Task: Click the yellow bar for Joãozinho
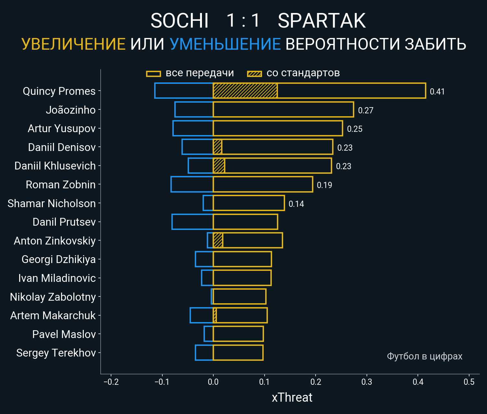pyautogui.click(x=283, y=109)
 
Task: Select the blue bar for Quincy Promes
pyautogui.click(x=184, y=91)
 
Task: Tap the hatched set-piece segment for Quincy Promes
pyautogui.click(x=245, y=91)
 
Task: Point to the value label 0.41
pyautogui.click(x=437, y=92)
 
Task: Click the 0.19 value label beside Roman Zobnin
pyautogui.click(x=324, y=185)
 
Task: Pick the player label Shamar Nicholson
pyautogui.click(x=52, y=204)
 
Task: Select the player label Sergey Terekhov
pyautogui.click(x=56, y=353)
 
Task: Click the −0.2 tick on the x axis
pyautogui.click(x=111, y=382)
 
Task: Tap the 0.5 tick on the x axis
pyautogui.click(x=469, y=382)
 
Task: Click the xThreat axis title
pyautogui.click(x=292, y=397)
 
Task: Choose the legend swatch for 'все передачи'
pyautogui.click(x=154, y=74)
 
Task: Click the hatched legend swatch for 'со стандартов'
pyautogui.click(x=255, y=74)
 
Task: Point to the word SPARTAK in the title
pyautogui.click(x=321, y=21)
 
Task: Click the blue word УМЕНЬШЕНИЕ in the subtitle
pyautogui.click(x=225, y=44)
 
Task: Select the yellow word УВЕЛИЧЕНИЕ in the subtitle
pyautogui.click(x=73, y=44)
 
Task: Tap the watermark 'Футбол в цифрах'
pyautogui.click(x=424, y=356)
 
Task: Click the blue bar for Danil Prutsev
pyautogui.click(x=193, y=222)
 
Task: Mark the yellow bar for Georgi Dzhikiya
pyautogui.click(x=242, y=259)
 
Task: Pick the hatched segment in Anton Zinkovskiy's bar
pyautogui.click(x=218, y=240)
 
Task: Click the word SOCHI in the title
pyautogui.click(x=179, y=21)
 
